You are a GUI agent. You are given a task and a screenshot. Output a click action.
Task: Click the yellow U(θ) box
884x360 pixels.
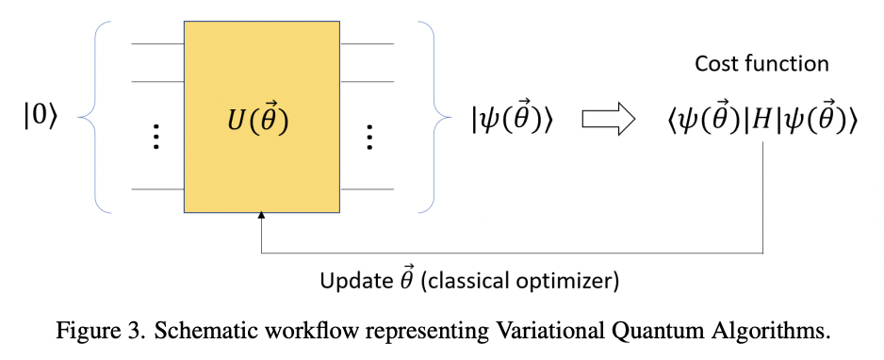(261, 117)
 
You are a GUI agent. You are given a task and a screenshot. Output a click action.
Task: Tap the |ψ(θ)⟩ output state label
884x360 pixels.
(512, 121)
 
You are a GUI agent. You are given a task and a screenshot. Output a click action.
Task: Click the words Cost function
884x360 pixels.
(761, 64)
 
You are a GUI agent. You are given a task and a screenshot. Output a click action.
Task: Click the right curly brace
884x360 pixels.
(427, 117)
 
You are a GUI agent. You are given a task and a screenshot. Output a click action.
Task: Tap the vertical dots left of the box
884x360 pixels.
(156, 137)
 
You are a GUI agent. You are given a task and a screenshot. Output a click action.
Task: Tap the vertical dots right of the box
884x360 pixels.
(368, 137)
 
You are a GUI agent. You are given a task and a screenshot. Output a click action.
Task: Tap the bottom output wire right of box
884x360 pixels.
(367, 189)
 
